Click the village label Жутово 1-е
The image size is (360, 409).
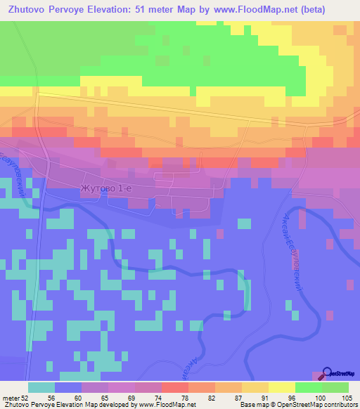pyautogui.click(x=106, y=188)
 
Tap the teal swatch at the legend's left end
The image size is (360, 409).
pyautogui.click(x=41, y=387)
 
